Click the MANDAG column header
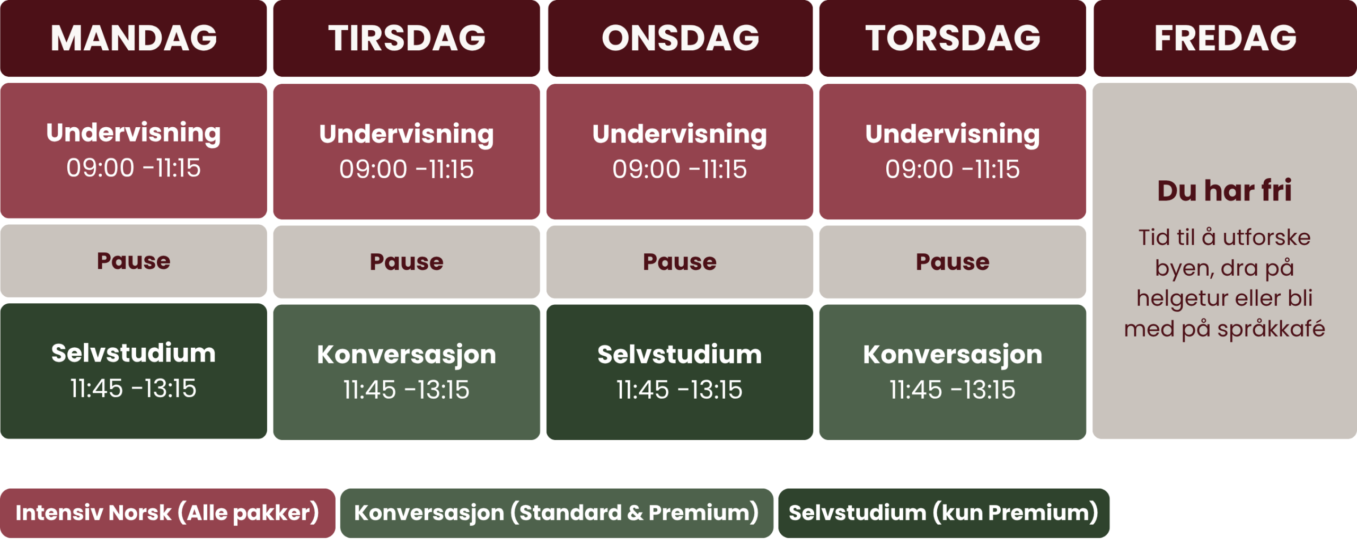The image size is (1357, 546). pyautogui.click(x=134, y=38)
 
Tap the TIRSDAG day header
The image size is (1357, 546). pyautogui.click(x=407, y=38)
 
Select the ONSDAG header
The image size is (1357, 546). pyautogui.click(x=680, y=38)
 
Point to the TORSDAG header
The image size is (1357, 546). pyautogui.click(x=953, y=38)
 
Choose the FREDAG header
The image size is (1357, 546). pyautogui.click(x=1225, y=38)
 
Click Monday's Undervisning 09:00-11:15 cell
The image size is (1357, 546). pyautogui.click(x=134, y=151)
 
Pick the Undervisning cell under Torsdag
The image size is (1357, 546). pyautogui.click(x=953, y=152)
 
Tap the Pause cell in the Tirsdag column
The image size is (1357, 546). pyautogui.click(x=407, y=262)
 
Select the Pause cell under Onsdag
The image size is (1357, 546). pyautogui.click(x=680, y=262)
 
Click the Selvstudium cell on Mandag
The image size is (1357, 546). pyautogui.click(x=134, y=371)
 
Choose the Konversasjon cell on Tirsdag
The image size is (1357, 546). pyautogui.click(x=407, y=372)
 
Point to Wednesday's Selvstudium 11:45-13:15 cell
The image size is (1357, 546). pyautogui.click(x=680, y=372)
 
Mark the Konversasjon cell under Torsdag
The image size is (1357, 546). pyautogui.click(x=953, y=372)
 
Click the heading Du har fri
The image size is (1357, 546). pyautogui.click(x=1224, y=191)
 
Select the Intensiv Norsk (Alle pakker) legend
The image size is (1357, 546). pyautogui.click(x=168, y=513)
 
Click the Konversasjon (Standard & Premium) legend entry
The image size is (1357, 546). pyautogui.click(x=557, y=513)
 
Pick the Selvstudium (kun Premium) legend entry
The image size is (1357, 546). pyautogui.click(x=944, y=513)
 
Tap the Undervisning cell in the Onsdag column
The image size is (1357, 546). pyautogui.click(x=680, y=152)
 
